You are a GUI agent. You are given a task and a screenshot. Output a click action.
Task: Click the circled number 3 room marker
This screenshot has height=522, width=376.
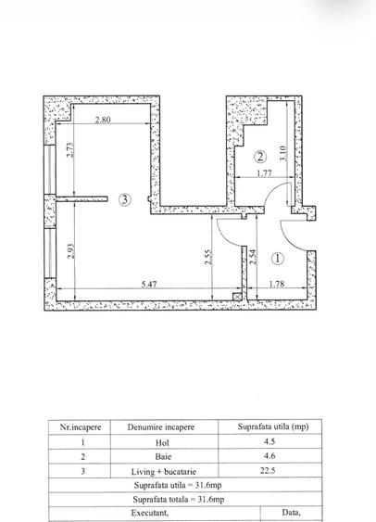125,199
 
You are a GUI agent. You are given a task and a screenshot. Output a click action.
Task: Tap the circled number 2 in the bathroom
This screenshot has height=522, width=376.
260,157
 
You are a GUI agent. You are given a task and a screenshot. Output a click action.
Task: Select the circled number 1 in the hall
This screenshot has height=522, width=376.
278,259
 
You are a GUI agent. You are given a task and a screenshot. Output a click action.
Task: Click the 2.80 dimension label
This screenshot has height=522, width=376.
103,120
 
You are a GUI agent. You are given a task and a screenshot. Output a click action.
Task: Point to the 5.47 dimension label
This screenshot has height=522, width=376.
148,285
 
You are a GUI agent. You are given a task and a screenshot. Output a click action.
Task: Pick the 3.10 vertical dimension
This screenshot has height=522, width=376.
283,154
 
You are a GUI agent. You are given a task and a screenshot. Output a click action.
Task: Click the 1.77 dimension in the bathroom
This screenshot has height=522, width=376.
264,173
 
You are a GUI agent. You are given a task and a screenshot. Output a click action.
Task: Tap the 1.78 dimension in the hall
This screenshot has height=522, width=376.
277,285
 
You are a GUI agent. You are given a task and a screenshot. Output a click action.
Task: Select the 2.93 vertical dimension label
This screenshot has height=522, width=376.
70,251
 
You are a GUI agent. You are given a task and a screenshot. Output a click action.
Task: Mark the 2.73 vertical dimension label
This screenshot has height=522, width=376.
70,150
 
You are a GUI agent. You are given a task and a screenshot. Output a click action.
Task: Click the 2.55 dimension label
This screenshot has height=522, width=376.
208,257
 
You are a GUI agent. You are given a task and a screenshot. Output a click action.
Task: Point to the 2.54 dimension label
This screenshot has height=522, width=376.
254,257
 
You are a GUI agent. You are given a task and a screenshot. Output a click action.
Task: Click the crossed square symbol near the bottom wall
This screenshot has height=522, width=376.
237,296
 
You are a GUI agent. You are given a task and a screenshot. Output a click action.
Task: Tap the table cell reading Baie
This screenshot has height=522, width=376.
163,456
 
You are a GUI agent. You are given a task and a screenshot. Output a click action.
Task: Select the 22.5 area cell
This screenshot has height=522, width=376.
268,470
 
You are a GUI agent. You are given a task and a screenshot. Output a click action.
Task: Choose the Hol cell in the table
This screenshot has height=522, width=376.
162,442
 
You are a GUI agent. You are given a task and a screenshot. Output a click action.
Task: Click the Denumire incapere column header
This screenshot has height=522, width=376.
161,427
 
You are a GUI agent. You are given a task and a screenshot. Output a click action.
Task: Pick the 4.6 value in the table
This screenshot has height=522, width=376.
269,456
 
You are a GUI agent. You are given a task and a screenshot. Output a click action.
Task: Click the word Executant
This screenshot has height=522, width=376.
149,513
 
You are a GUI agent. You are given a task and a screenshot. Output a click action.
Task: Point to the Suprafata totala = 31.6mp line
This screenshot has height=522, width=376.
179,500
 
